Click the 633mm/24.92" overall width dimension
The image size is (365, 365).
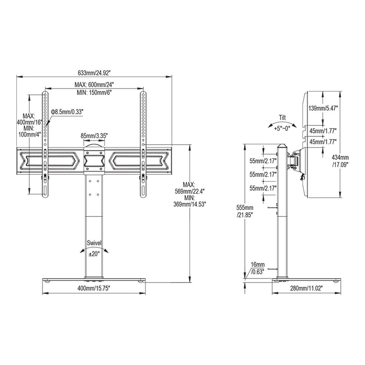click(94, 73)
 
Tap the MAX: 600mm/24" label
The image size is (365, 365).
click(94, 84)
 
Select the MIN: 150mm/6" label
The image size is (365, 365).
click(94, 92)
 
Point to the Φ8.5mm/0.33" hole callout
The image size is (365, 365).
click(67, 112)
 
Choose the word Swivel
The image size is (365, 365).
click(94, 243)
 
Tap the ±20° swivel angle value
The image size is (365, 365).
click(94, 254)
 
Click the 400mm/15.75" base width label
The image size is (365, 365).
click(94, 288)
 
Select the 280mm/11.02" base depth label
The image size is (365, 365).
click(306, 288)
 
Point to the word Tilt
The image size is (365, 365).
click(283, 118)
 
